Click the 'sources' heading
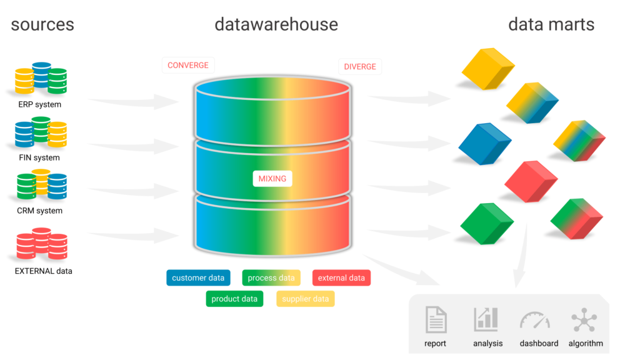42,24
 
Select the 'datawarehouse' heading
276,24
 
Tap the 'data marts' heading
551,24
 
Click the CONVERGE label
188,65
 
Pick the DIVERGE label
360,66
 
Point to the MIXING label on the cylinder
272,178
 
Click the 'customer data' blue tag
198,278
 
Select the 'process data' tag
271,278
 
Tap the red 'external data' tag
341,278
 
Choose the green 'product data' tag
234,299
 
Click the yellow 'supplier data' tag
305,299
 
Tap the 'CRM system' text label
39,211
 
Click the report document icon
436,319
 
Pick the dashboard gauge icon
534,320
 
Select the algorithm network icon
584,319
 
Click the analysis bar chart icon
486,319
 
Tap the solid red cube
531,181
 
